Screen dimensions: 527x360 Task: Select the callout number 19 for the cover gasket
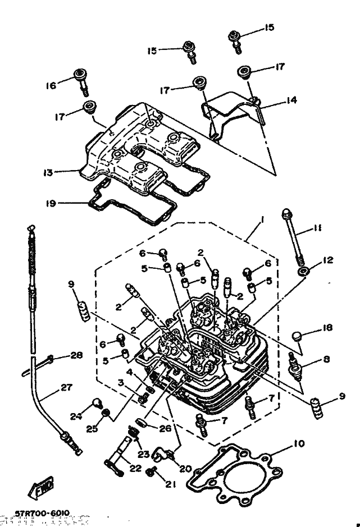(51, 203)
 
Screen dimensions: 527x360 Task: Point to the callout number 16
(51, 86)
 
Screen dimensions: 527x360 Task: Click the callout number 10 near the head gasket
(298, 444)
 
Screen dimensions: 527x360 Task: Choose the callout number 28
(76, 355)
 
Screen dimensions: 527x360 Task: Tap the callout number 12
(329, 260)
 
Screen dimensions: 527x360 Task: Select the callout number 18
(329, 328)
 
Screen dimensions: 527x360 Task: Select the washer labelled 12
(304, 272)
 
